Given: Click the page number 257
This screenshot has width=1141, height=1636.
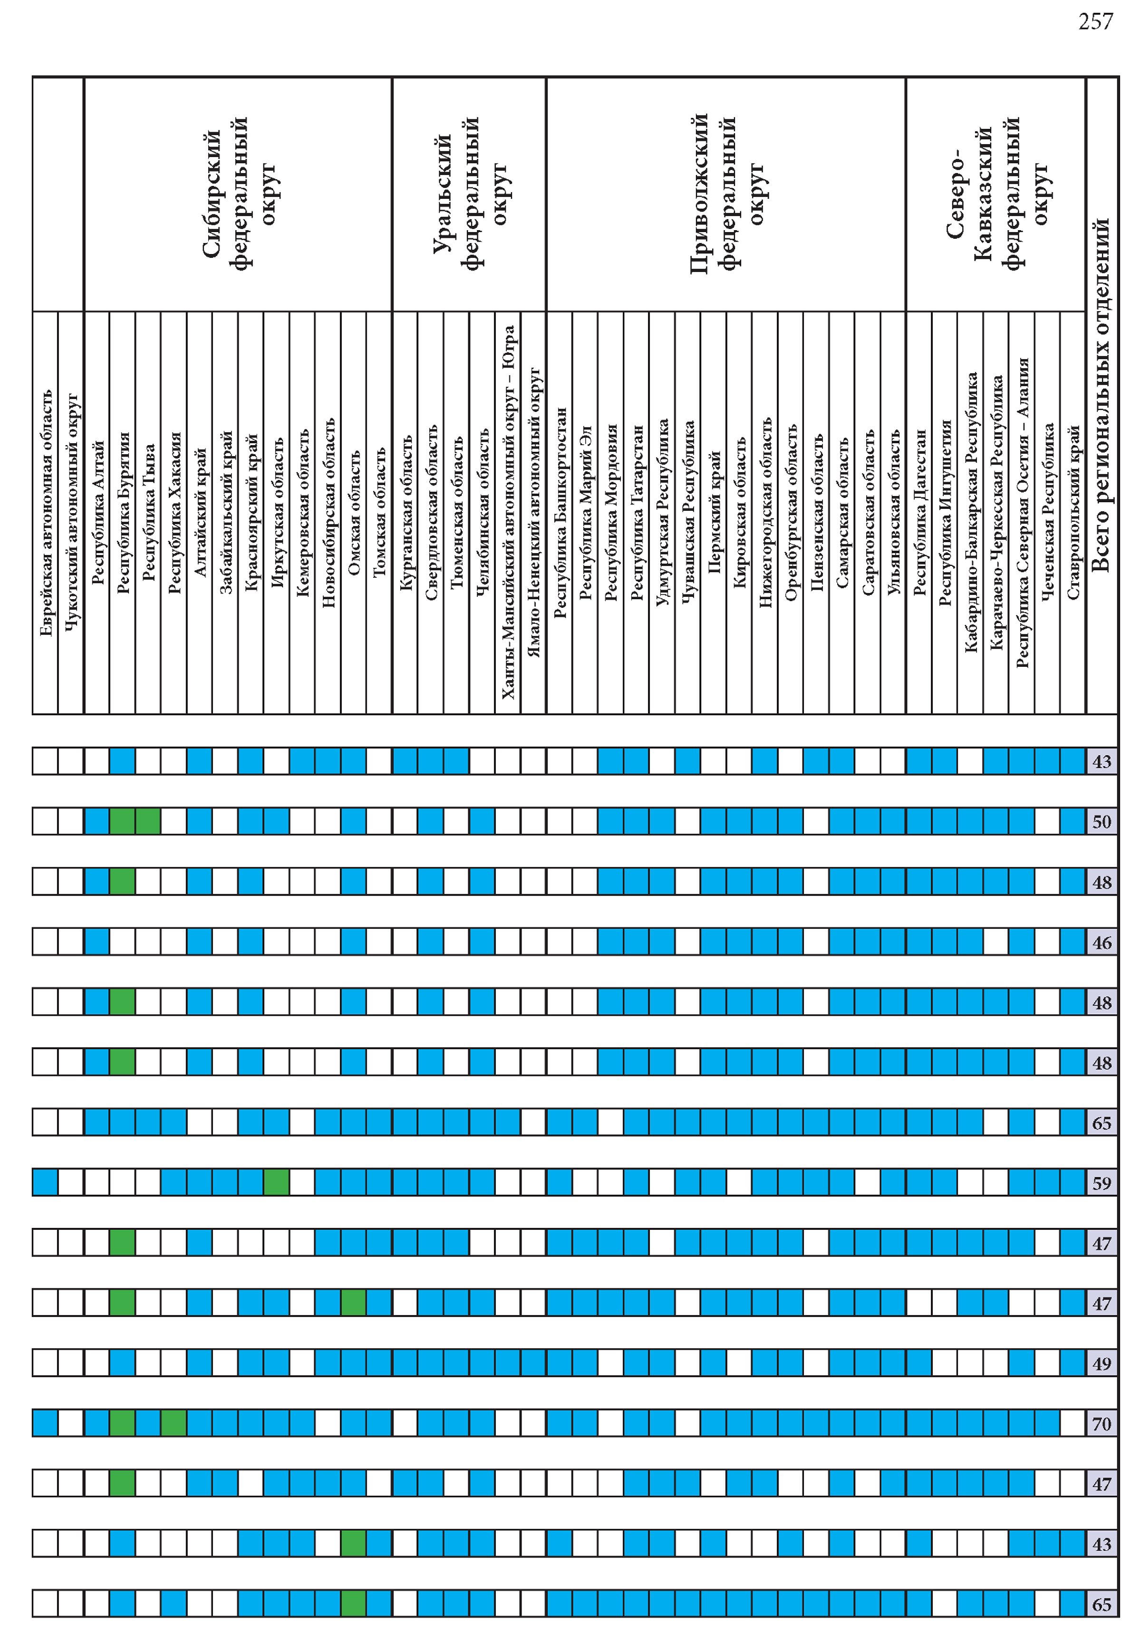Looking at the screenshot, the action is pos(1095,22).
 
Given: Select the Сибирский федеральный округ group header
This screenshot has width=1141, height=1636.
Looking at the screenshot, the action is pos(238,194).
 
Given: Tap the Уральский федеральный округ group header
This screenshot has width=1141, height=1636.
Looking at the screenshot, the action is pos(469,194).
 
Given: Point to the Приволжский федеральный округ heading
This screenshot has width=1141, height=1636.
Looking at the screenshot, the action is pos(726,194).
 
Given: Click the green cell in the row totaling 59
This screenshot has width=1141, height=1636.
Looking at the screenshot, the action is pos(276,1182).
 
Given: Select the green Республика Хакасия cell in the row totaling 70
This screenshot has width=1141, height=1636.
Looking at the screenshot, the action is pos(174,1423).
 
